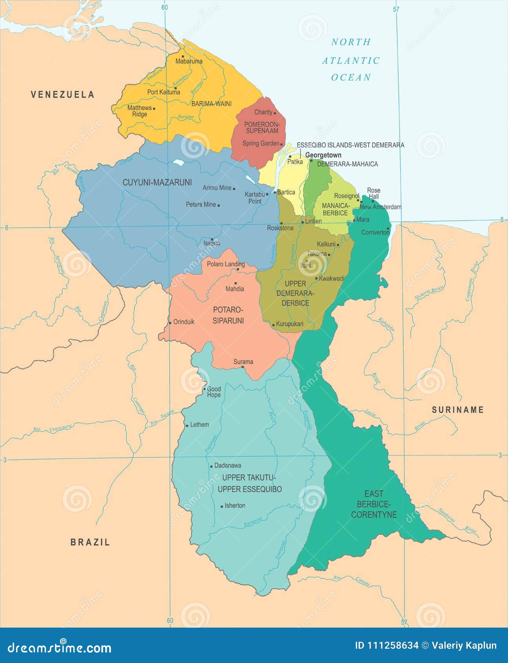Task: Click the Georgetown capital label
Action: pos(323,155)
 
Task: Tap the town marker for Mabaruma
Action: pos(182,56)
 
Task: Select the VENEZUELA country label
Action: pos(63,95)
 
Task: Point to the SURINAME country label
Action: pos(458,410)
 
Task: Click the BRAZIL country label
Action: pos(90,542)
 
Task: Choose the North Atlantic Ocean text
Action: pos(351,60)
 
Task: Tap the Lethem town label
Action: pos(199,424)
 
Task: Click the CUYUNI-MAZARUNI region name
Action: pos(157,182)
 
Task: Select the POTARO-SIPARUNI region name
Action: pos(228,315)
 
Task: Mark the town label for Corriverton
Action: pos(375,232)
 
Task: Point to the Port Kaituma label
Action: pos(164,92)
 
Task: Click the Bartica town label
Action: pos(286,192)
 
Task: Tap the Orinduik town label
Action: pos(184,322)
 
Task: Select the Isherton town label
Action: pos(235,506)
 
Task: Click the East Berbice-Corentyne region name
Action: pos(374,504)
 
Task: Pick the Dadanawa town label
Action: pos(228,466)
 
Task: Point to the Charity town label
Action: pos(263,112)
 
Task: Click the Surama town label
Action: pos(243,362)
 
